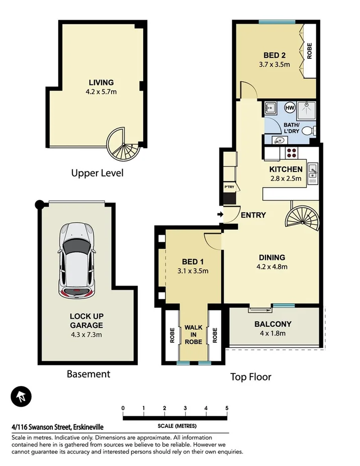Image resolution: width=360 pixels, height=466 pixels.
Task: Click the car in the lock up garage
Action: (x=76, y=261)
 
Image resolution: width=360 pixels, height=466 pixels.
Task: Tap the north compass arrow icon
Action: (x=21, y=397)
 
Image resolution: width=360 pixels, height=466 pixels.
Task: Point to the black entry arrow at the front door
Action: (x=220, y=215)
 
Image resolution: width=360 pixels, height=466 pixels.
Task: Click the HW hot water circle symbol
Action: (x=290, y=108)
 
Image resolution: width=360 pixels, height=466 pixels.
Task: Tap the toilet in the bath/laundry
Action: (x=312, y=131)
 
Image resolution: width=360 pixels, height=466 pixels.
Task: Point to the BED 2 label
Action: (x=275, y=55)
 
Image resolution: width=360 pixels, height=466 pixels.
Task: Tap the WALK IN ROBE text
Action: (x=193, y=335)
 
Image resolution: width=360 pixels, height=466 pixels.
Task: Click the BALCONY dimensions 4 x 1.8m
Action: (x=274, y=333)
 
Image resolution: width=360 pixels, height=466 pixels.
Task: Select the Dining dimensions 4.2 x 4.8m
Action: (x=272, y=266)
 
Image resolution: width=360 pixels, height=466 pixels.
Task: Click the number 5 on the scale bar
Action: (x=227, y=408)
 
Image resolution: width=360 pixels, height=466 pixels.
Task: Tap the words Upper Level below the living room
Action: (x=97, y=173)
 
